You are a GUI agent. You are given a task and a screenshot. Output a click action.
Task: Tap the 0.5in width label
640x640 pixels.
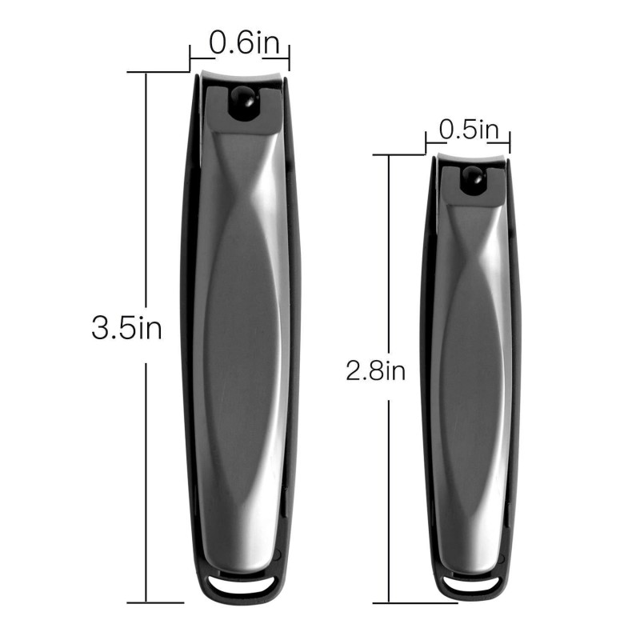point(468,129)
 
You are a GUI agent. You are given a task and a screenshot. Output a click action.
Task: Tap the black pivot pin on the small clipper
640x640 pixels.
point(472,180)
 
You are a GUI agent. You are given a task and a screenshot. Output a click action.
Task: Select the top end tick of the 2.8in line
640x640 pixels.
point(389,155)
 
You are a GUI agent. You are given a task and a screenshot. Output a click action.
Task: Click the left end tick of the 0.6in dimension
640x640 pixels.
point(190,58)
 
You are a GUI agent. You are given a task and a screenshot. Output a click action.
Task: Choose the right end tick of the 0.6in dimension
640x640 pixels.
point(288,58)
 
